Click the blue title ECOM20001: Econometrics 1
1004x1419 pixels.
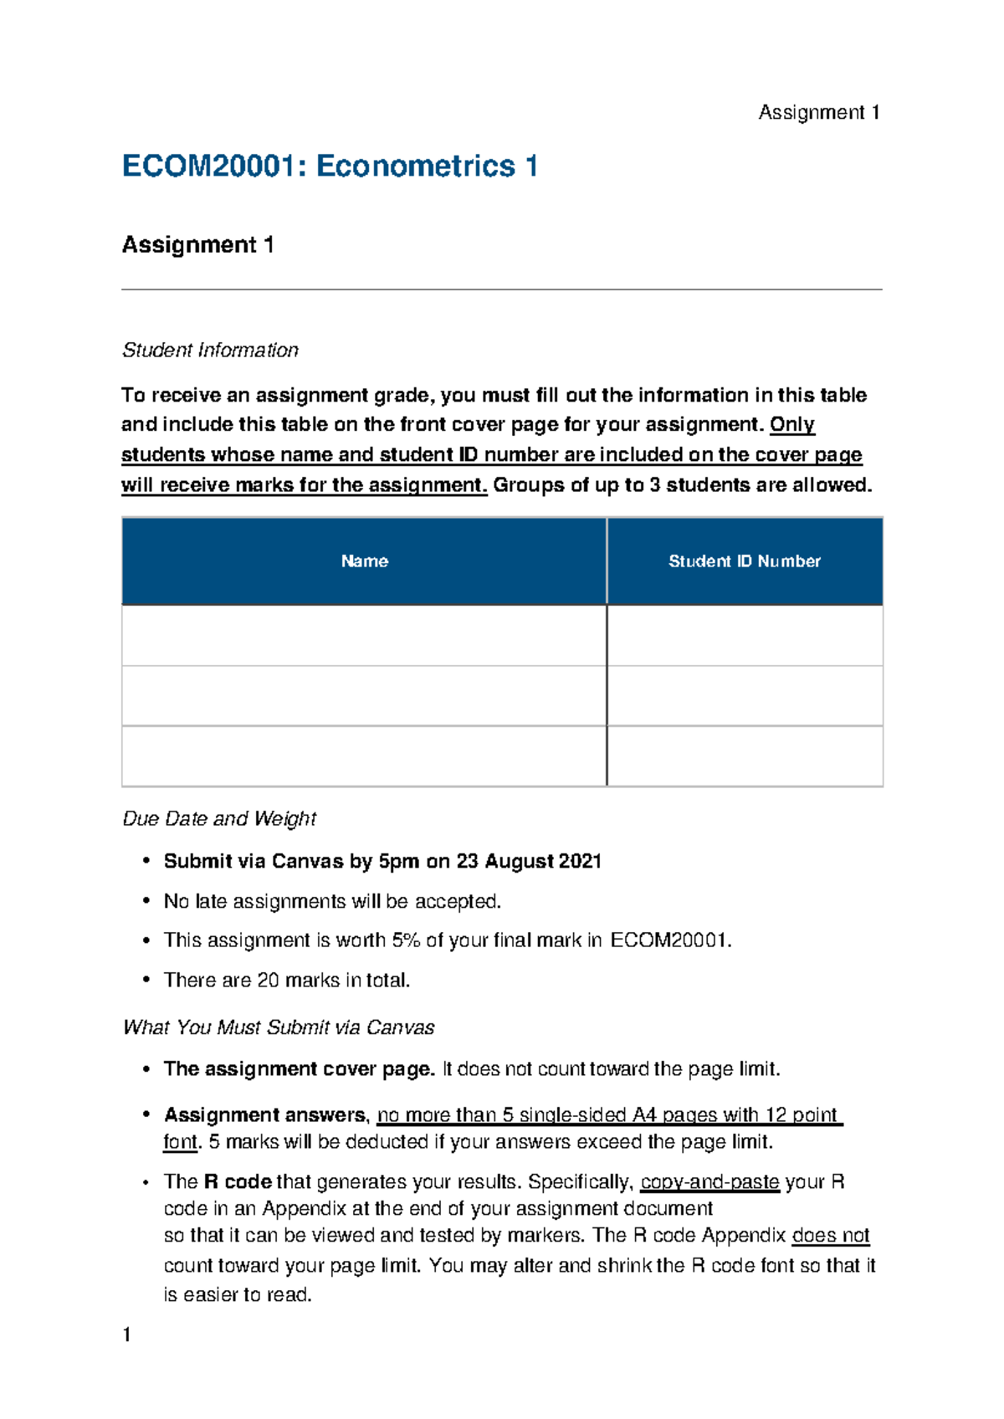329,166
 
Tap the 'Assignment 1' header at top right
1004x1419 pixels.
818,112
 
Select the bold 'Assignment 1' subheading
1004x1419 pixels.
197,244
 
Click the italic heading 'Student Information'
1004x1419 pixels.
210,350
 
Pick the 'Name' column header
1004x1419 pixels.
364,561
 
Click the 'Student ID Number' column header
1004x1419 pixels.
744,561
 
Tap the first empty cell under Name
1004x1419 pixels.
364,635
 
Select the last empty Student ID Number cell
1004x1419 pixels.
744,756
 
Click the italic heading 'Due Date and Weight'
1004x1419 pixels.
219,818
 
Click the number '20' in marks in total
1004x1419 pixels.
268,980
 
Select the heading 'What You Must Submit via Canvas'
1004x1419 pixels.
278,1027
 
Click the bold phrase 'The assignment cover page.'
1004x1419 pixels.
299,1068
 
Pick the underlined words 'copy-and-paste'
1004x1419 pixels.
709,1181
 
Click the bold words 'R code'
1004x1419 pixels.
238,1181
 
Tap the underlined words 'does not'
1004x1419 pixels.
830,1235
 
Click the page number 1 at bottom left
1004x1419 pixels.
127,1334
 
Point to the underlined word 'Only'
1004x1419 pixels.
791,424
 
